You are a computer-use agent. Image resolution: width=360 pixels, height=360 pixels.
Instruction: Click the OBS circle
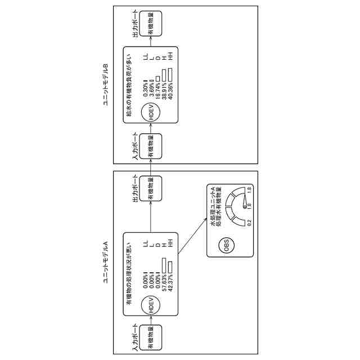pyautogui.click(x=227, y=248)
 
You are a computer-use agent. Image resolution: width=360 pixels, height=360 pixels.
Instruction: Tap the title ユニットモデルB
pyautogui.click(x=105, y=85)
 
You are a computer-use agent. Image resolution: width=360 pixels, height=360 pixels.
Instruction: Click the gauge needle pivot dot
pyautogui.click(x=244, y=205)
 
